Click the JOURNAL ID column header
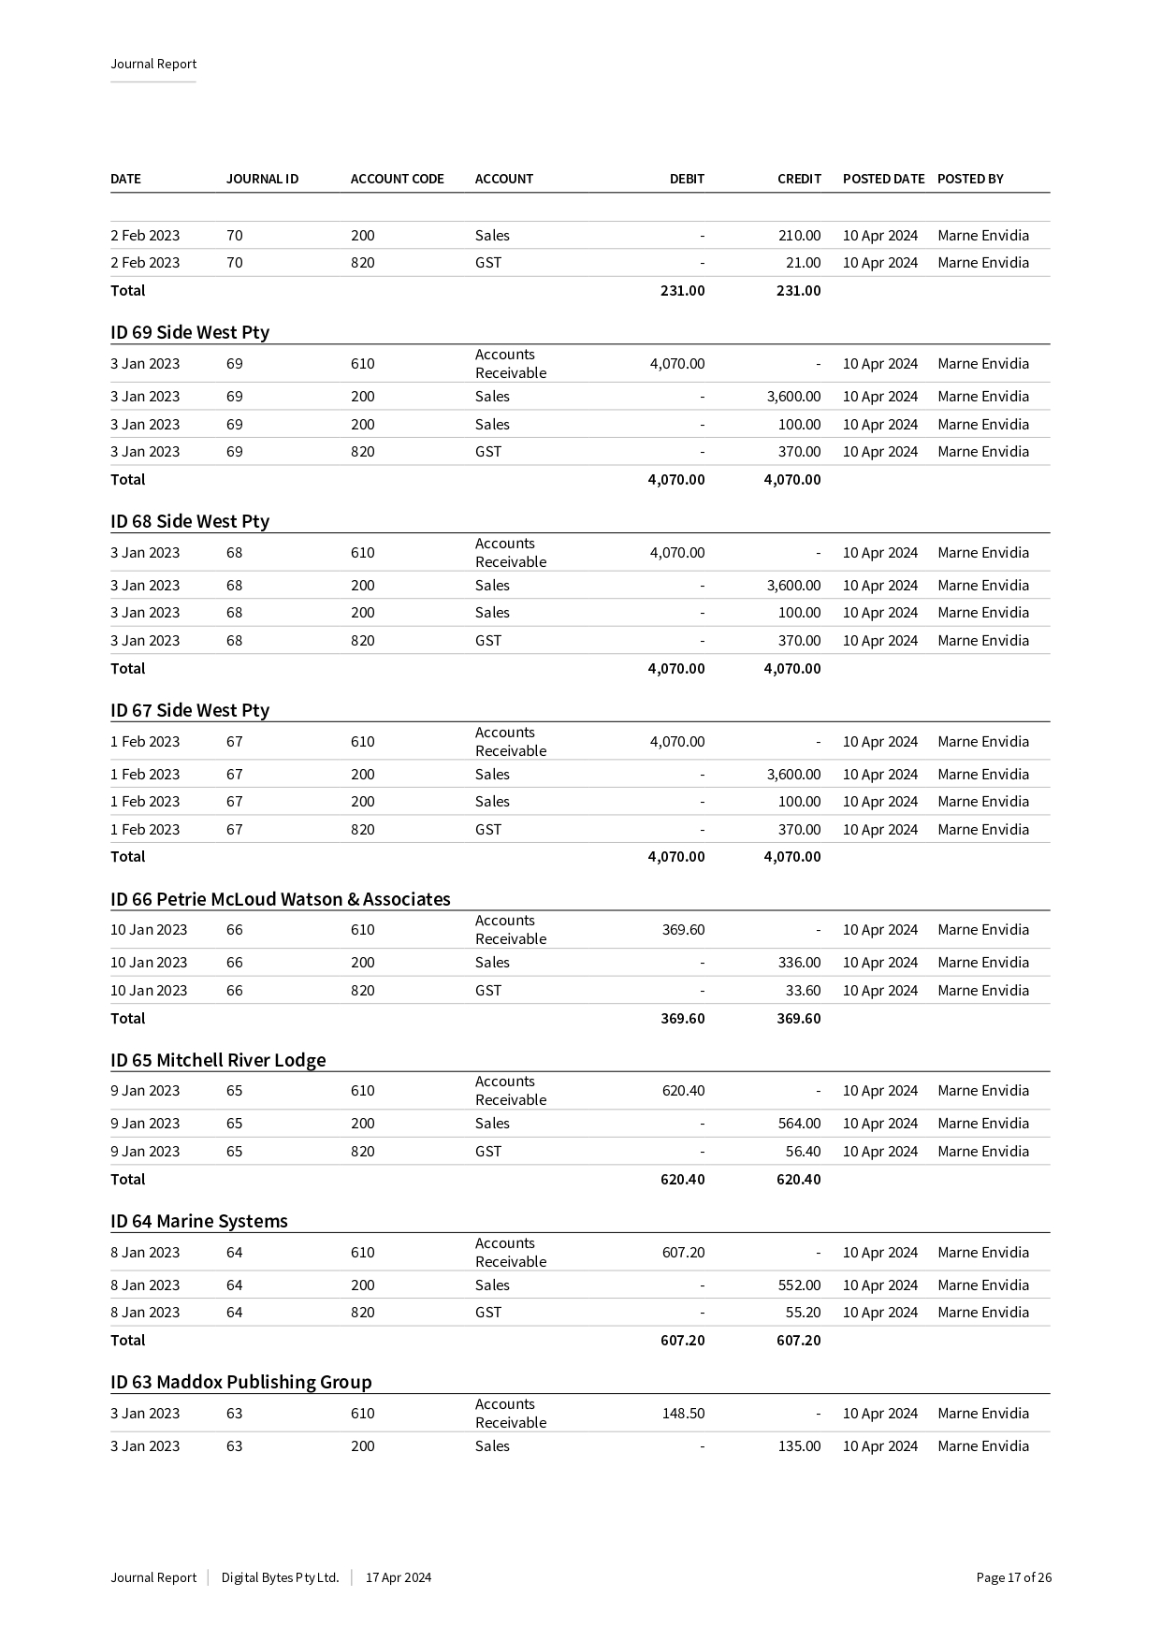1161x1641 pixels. click(x=262, y=179)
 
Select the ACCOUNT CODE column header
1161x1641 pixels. click(x=397, y=179)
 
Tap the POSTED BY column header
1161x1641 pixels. click(x=970, y=179)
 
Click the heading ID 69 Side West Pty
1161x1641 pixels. click(x=190, y=332)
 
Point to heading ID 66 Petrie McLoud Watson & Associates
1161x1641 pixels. click(x=281, y=899)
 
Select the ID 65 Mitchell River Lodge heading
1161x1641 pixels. click(x=218, y=1060)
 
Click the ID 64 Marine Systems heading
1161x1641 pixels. click(x=199, y=1221)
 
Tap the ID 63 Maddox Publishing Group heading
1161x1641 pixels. click(x=241, y=1382)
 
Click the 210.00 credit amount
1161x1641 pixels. click(x=799, y=236)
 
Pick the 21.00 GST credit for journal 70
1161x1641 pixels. click(x=803, y=263)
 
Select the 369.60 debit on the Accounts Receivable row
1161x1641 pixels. click(x=683, y=930)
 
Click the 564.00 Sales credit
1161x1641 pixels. click(x=799, y=1124)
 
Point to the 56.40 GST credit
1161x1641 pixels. click(x=803, y=1152)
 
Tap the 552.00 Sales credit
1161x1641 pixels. click(x=799, y=1285)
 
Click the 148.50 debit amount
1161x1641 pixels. click(x=683, y=1414)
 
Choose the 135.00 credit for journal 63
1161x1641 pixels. click(x=799, y=1446)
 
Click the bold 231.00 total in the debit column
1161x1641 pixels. click(x=682, y=291)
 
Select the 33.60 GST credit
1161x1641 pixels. click(x=803, y=991)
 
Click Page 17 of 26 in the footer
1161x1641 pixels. click(x=1013, y=1577)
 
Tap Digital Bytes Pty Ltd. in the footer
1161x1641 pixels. click(x=280, y=1577)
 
